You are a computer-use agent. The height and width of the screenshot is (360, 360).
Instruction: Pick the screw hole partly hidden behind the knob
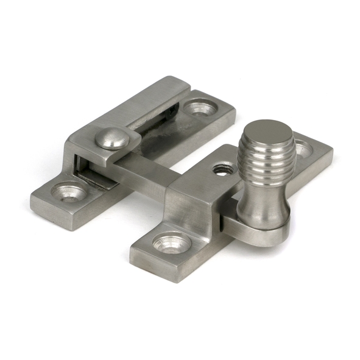point(303,148)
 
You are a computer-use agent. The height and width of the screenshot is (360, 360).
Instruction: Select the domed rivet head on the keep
point(110,138)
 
